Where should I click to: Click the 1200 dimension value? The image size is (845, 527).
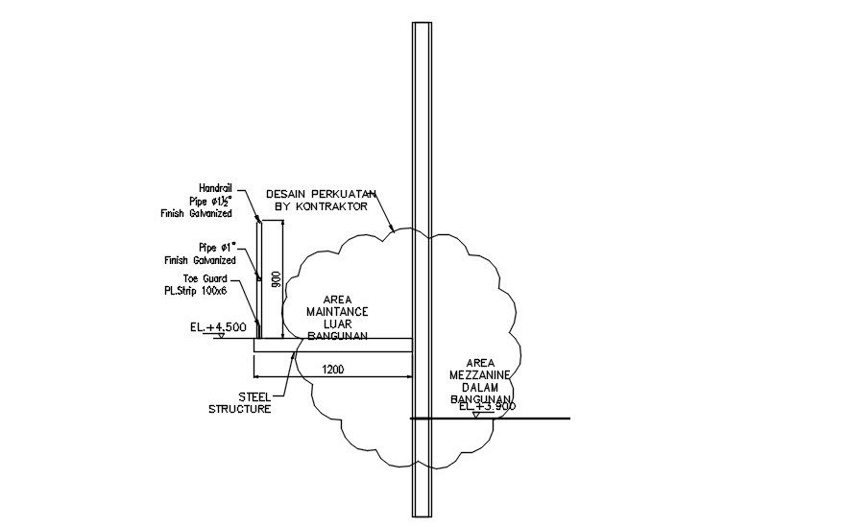[332, 369]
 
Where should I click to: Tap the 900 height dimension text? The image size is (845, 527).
[276, 279]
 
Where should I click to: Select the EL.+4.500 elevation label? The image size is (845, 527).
[219, 327]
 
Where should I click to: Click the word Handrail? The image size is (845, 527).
[215, 187]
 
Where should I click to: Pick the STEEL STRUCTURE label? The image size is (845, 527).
[239, 402]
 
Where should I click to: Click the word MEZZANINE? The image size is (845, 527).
[479, 374]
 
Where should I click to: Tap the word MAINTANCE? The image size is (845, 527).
[337, 312]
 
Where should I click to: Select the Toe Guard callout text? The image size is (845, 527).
[205, 278]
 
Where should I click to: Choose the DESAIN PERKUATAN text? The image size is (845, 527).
[321, 193]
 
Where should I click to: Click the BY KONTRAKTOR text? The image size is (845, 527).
[321, 205]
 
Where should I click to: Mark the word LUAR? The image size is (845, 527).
[337, 324]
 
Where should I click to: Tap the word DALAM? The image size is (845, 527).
[479, 387]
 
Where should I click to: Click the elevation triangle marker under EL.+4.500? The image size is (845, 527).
[220, 336]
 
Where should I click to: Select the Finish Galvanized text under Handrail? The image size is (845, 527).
[196, 213]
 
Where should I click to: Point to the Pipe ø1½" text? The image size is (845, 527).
[209, 201]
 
